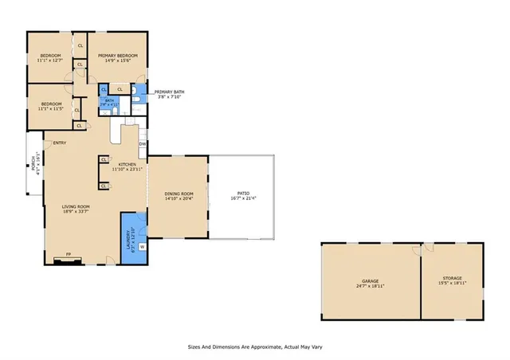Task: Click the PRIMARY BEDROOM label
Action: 118,55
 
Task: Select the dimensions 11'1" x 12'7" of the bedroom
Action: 49,60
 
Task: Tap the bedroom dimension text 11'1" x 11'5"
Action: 50,108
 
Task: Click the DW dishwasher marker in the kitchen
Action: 142,144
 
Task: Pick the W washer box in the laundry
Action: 142,247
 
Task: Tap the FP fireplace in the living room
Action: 69,255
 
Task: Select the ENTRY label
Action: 59,143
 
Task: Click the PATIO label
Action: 243,194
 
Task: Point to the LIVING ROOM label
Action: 75,206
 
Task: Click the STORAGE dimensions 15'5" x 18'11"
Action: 451,284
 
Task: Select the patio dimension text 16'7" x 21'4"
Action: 243,198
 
